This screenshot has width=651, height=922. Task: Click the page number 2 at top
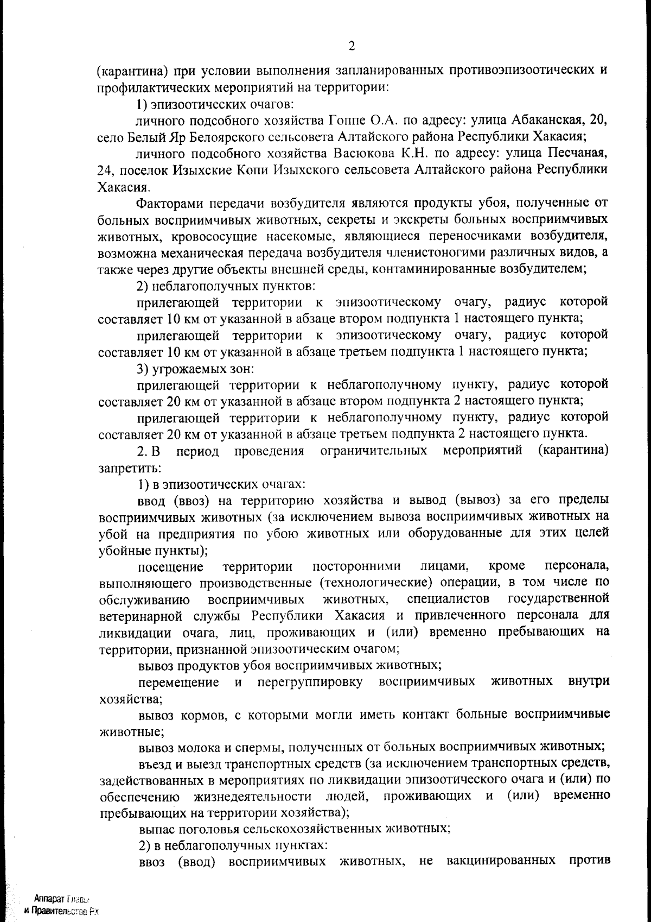point(352,47)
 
